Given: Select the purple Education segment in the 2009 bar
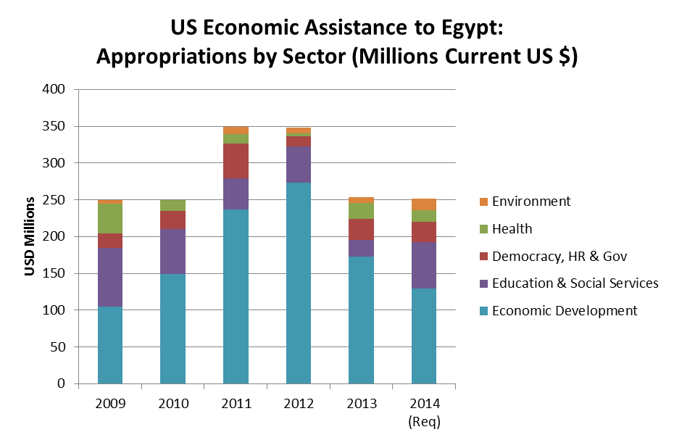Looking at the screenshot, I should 110,277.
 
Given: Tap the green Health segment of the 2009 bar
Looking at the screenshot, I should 110,218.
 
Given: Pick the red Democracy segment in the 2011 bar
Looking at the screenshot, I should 236,161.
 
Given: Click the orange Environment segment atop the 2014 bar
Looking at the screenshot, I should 424,204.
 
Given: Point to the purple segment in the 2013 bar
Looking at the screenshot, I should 361,249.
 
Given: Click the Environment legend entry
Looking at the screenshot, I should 531,202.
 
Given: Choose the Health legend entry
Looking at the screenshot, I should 512,229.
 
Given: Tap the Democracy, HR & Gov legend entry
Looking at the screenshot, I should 559,256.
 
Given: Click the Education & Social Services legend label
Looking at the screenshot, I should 575,283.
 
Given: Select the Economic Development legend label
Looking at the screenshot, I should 565,311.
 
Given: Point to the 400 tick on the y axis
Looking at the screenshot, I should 55,90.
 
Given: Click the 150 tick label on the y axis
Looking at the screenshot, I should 55,274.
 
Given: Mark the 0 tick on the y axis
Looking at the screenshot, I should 62,384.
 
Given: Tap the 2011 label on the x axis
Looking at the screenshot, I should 236,404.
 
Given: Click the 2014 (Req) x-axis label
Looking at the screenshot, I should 424,411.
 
